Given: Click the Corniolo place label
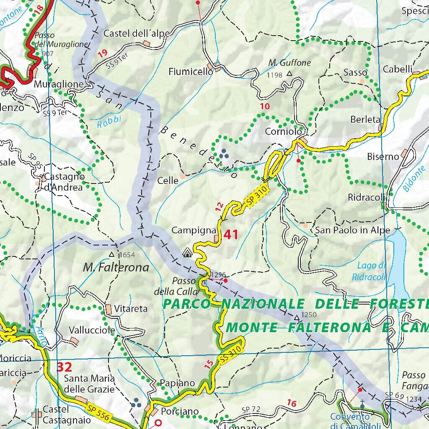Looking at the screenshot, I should pos(283,132).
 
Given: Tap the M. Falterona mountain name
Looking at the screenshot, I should pos(116,267).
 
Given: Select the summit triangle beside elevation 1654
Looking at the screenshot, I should pos(111,254).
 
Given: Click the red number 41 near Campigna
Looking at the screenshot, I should pos(231,234).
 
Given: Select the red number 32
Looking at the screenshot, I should pos(65,367).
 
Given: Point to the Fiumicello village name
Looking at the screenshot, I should pos(191,72).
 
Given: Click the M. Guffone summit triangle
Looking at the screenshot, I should pos(289,74).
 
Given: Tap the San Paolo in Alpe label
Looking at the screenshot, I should pos(352,230).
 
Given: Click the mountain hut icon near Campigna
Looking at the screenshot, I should pos(187,252).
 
